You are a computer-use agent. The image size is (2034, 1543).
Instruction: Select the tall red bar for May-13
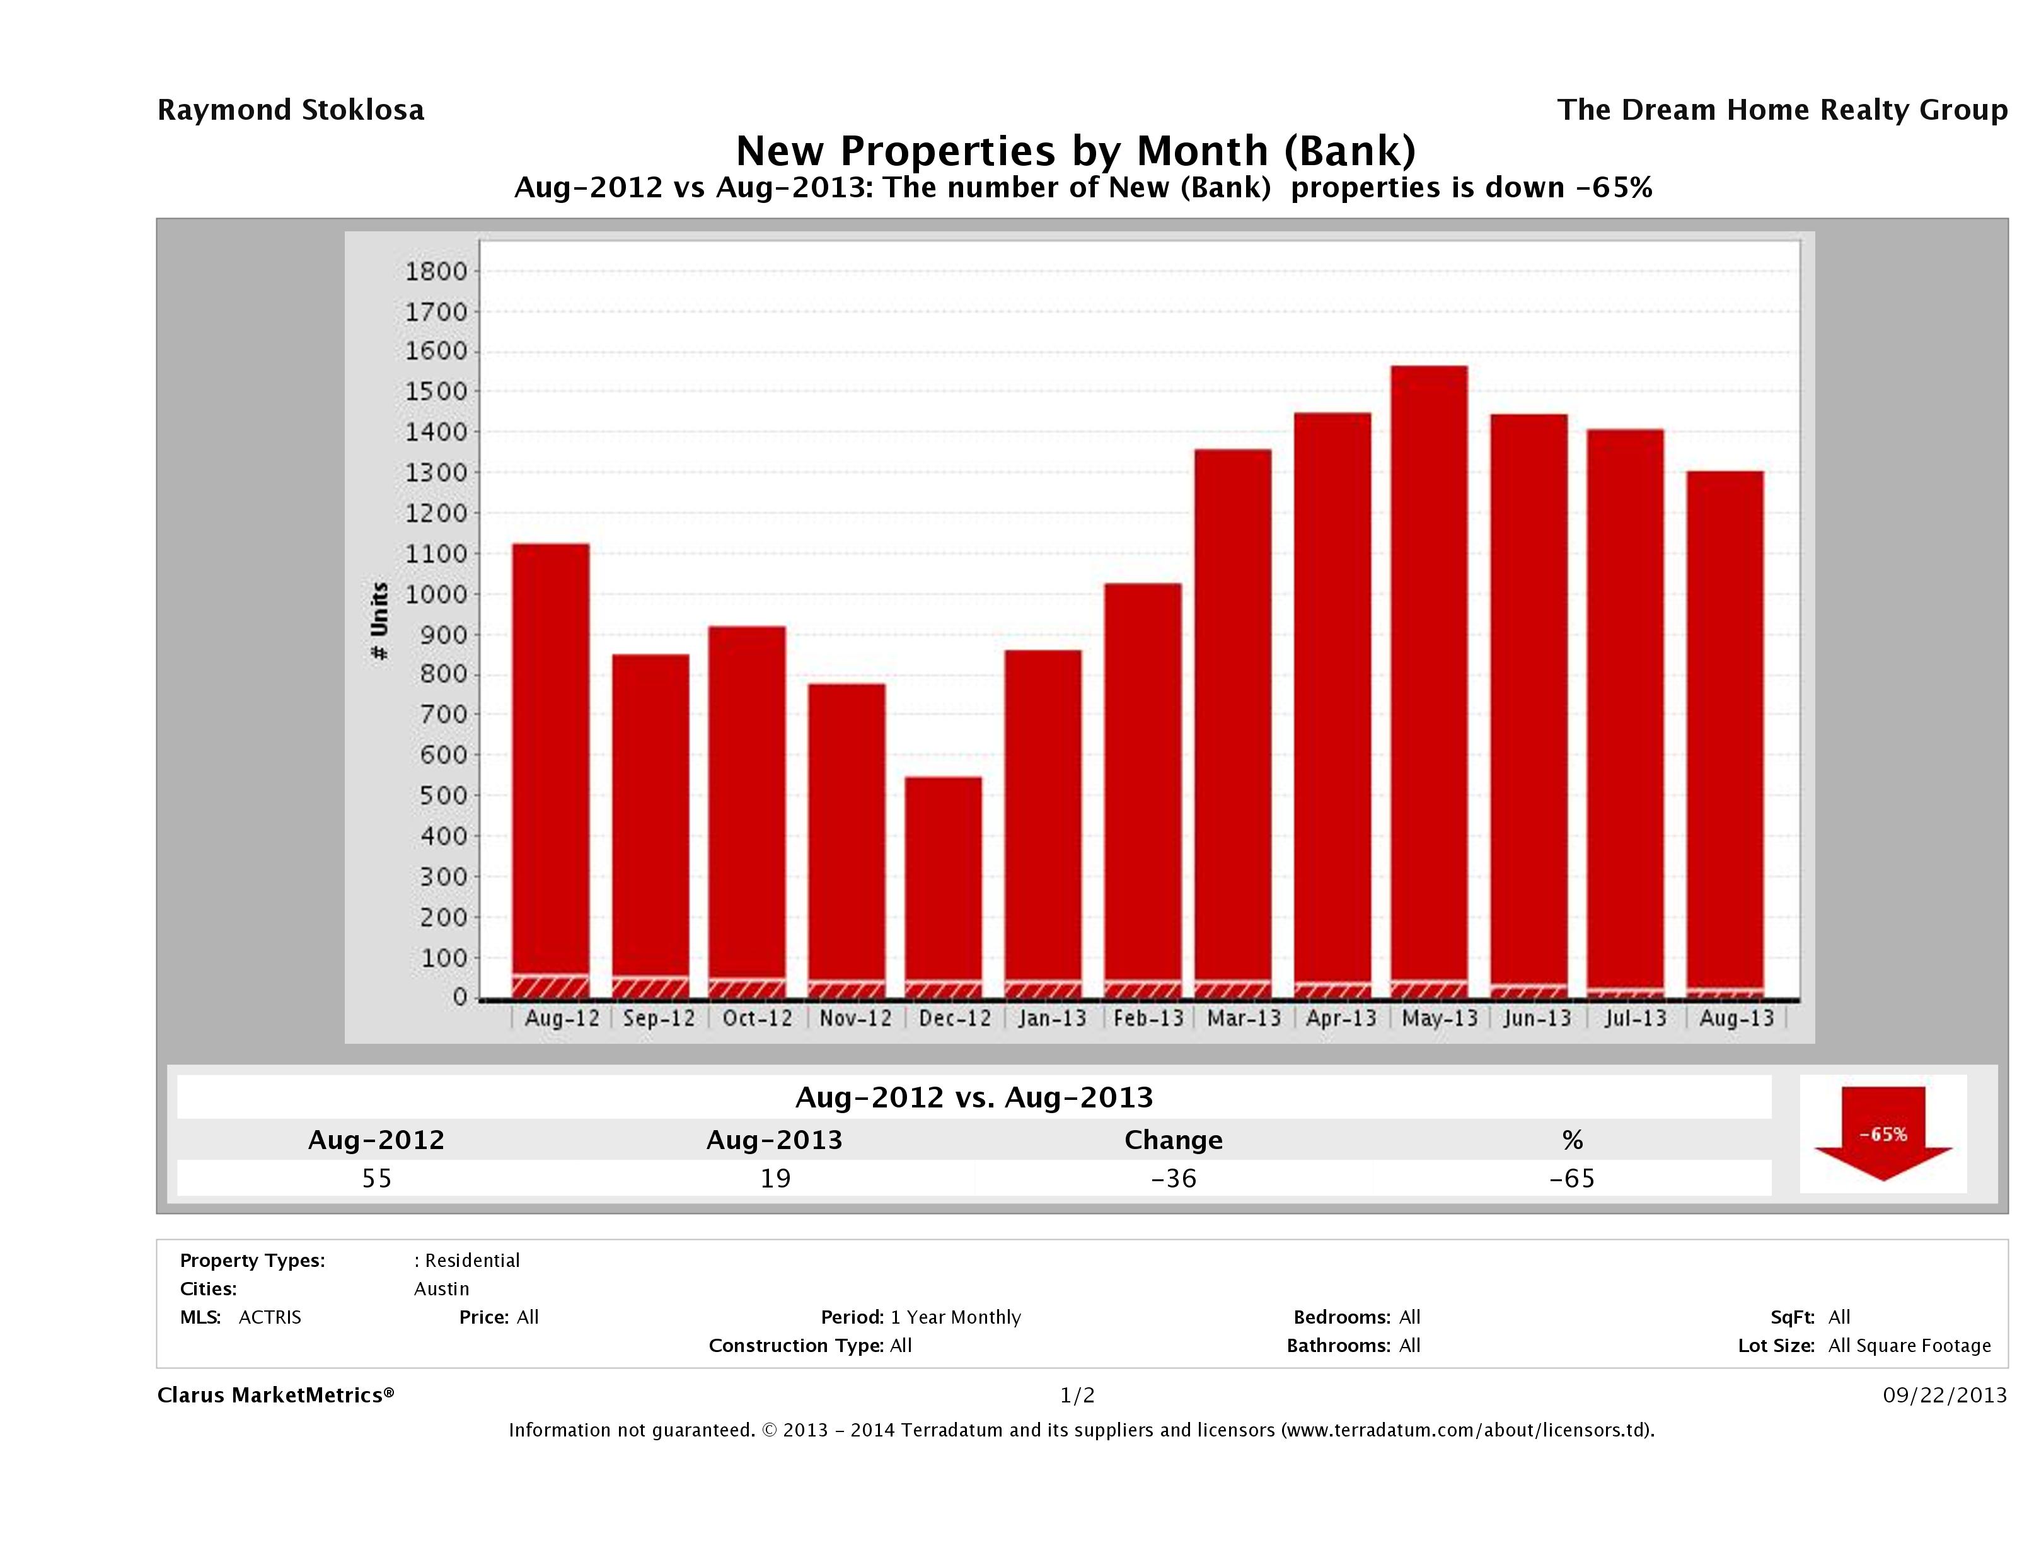coord(1428,671)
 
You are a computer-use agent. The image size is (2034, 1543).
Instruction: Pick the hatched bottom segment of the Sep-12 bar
coord(650,988)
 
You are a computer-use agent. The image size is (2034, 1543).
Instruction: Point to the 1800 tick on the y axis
coord(436,271)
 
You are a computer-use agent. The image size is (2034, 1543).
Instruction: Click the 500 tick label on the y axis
coord(436,795)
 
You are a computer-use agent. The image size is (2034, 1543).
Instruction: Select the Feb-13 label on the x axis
coord(1148,1019)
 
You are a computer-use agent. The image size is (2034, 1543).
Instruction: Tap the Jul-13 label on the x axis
coord(1635,1019)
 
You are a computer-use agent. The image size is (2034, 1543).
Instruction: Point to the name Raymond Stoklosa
coord(291,110)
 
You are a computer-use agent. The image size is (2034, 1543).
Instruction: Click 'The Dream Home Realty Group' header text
coord(1781,110)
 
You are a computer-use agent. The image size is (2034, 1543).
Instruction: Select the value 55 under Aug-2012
coord(377,1178)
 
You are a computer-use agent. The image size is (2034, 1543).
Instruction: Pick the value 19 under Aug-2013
coord(775,1178)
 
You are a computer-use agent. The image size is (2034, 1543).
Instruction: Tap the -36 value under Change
coord(1174,1178)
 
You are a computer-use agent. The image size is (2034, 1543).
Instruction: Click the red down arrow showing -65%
coord(1882,1135)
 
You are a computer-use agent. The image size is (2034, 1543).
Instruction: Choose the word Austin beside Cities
coord(441,1289)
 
